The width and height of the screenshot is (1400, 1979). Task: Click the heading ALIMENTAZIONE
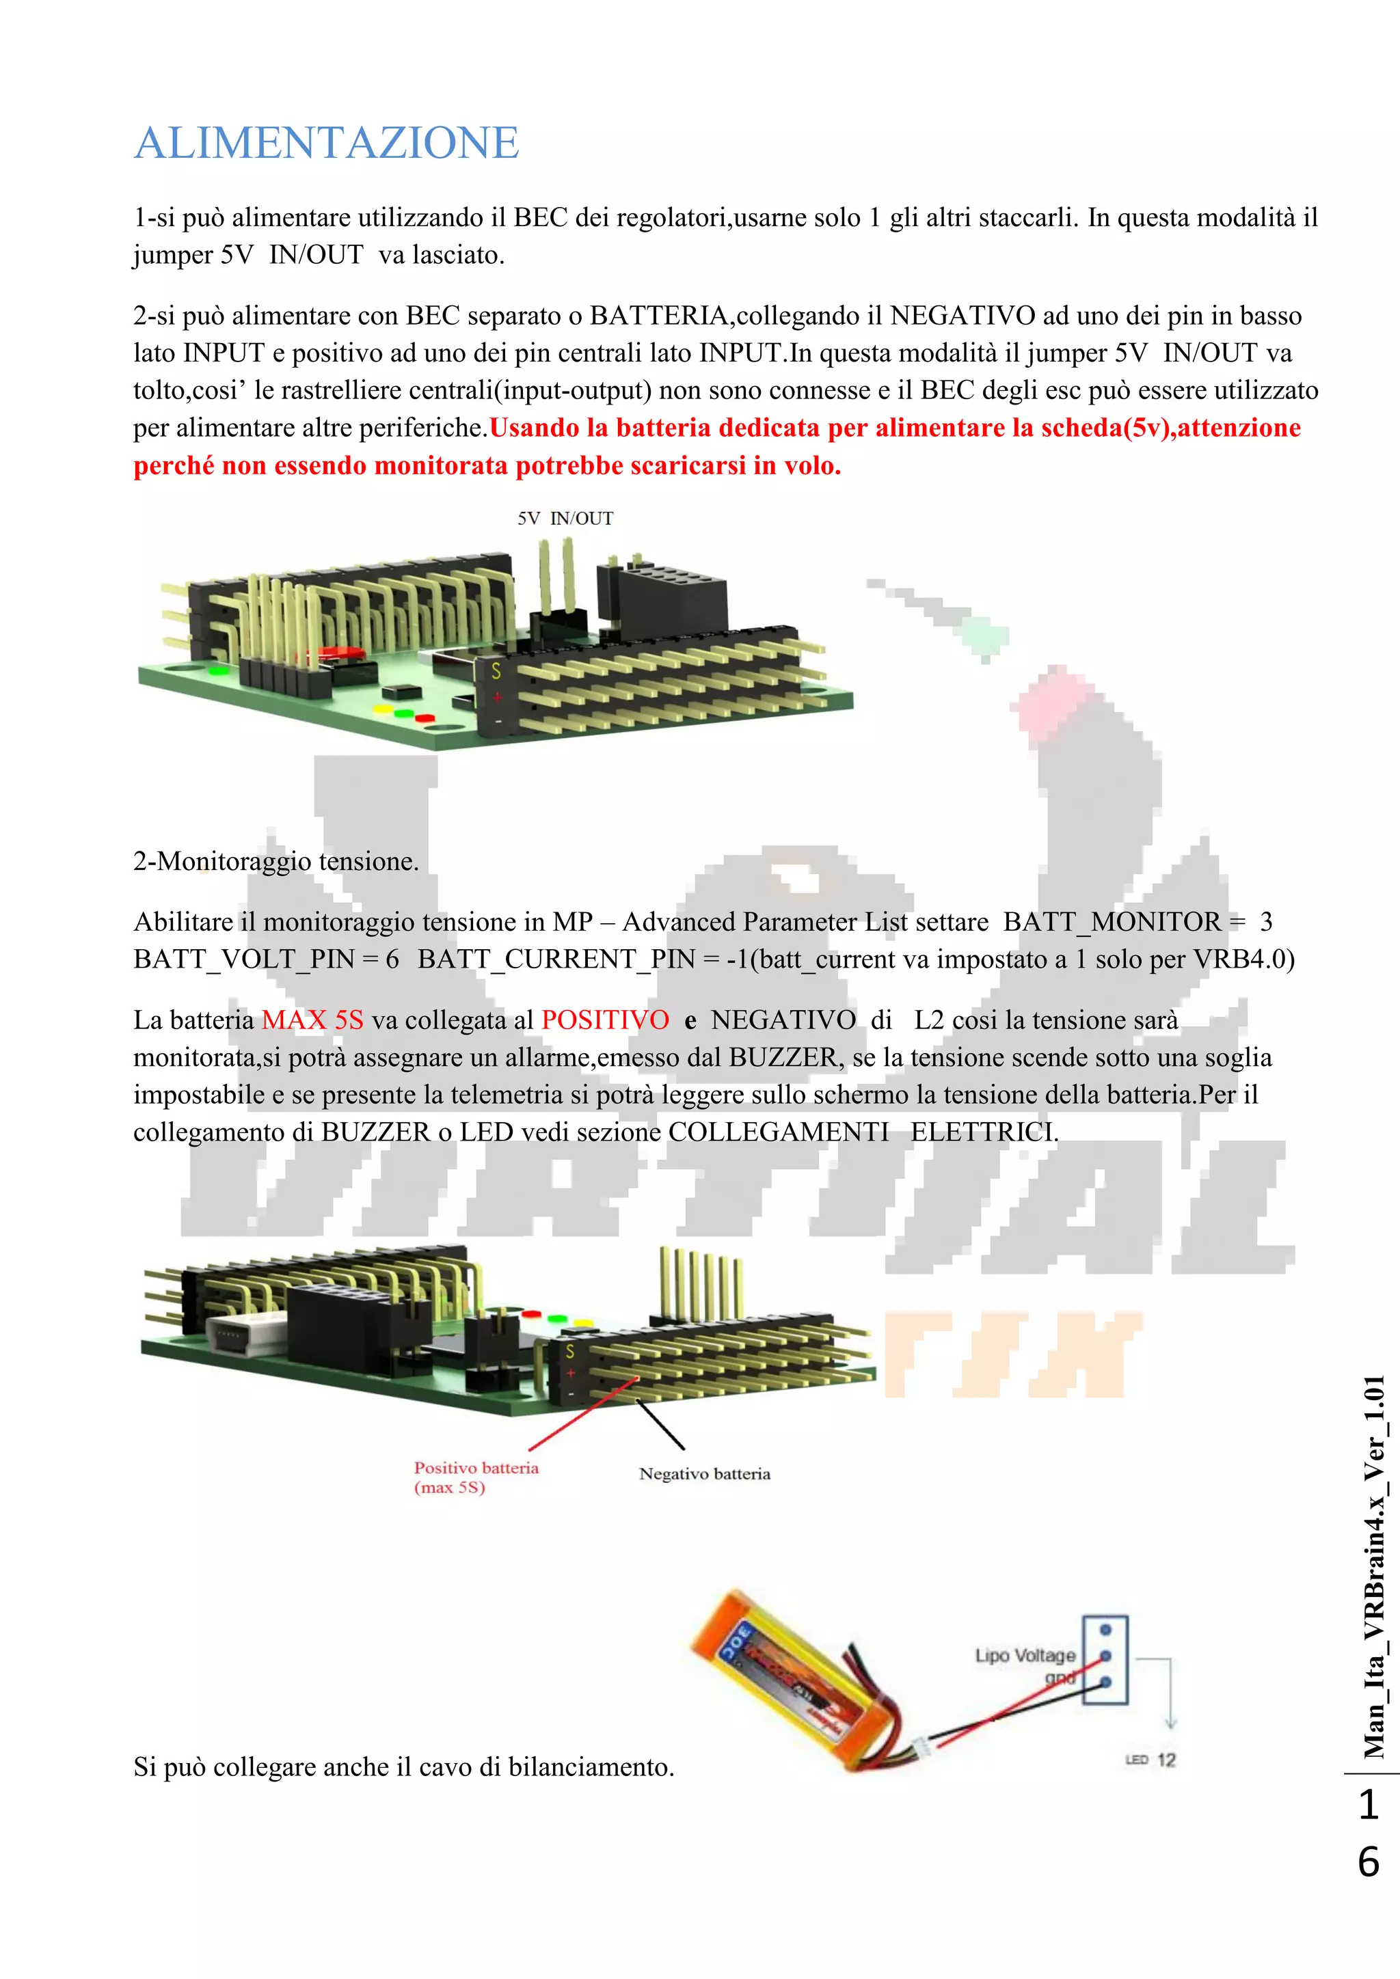click(x=327, y=143)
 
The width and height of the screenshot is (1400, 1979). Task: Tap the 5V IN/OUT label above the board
click(x=565, y=518)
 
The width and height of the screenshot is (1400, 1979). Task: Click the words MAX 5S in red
click(x=312, y=1020)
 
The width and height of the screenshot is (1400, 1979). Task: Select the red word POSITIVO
click(x=605, y=1020)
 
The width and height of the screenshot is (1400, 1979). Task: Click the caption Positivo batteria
click(x=476, y=1468)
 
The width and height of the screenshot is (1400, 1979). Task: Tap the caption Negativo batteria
click(x=704, y=1474)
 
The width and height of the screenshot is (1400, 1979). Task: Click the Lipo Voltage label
click(x=1025, y=1655)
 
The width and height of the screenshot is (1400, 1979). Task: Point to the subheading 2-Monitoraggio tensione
click(x=276, y=861)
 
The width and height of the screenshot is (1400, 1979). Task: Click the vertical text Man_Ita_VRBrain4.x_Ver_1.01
click(x=1373, y=1567)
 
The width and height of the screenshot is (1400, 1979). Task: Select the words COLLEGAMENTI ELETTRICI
click(x=862, y=1132)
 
